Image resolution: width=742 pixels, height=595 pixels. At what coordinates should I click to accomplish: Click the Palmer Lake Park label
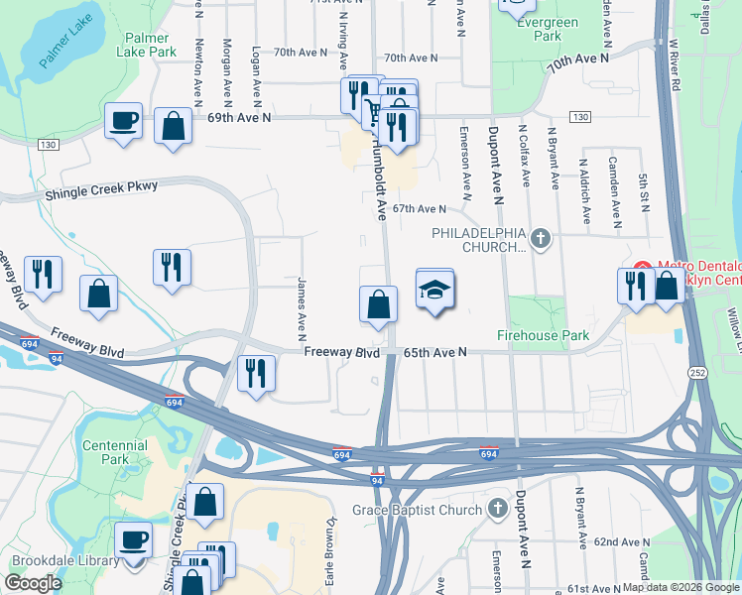point(151,45)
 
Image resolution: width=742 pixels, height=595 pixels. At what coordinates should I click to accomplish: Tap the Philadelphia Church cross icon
point(540,238)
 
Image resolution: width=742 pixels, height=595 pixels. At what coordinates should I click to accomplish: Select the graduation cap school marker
point(434,291)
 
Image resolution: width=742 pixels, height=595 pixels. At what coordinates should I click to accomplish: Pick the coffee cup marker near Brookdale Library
point(134,541)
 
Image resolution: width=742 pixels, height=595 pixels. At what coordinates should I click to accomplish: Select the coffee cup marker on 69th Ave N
point(124,122)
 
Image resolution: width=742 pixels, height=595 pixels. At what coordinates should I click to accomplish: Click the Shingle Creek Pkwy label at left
point(101,189)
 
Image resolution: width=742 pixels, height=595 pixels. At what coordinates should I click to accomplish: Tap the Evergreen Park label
point(555,29)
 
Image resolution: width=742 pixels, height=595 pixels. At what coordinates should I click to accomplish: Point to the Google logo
point(33,583)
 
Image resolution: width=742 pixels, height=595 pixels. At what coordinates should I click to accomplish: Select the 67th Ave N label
point(419,209)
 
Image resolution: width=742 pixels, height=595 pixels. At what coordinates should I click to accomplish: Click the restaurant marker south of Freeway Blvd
point(256,375)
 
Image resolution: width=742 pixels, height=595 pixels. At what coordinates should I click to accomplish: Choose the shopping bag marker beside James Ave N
point(378,306)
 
